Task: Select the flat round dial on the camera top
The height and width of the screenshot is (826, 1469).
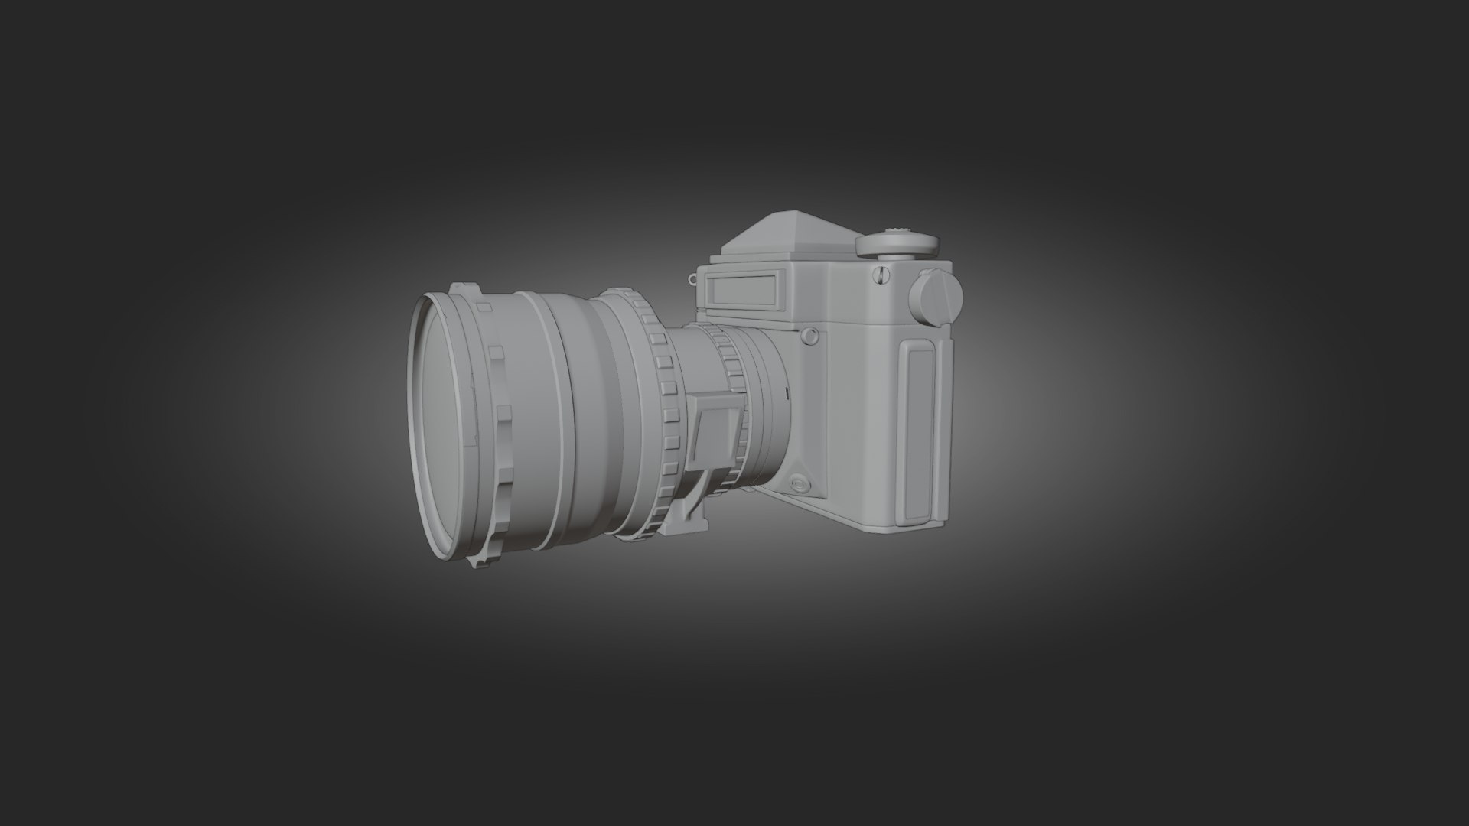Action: [897, 244]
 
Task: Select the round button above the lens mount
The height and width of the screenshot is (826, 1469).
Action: [809, 336]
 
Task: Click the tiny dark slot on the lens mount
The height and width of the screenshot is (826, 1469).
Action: [785, 392]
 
